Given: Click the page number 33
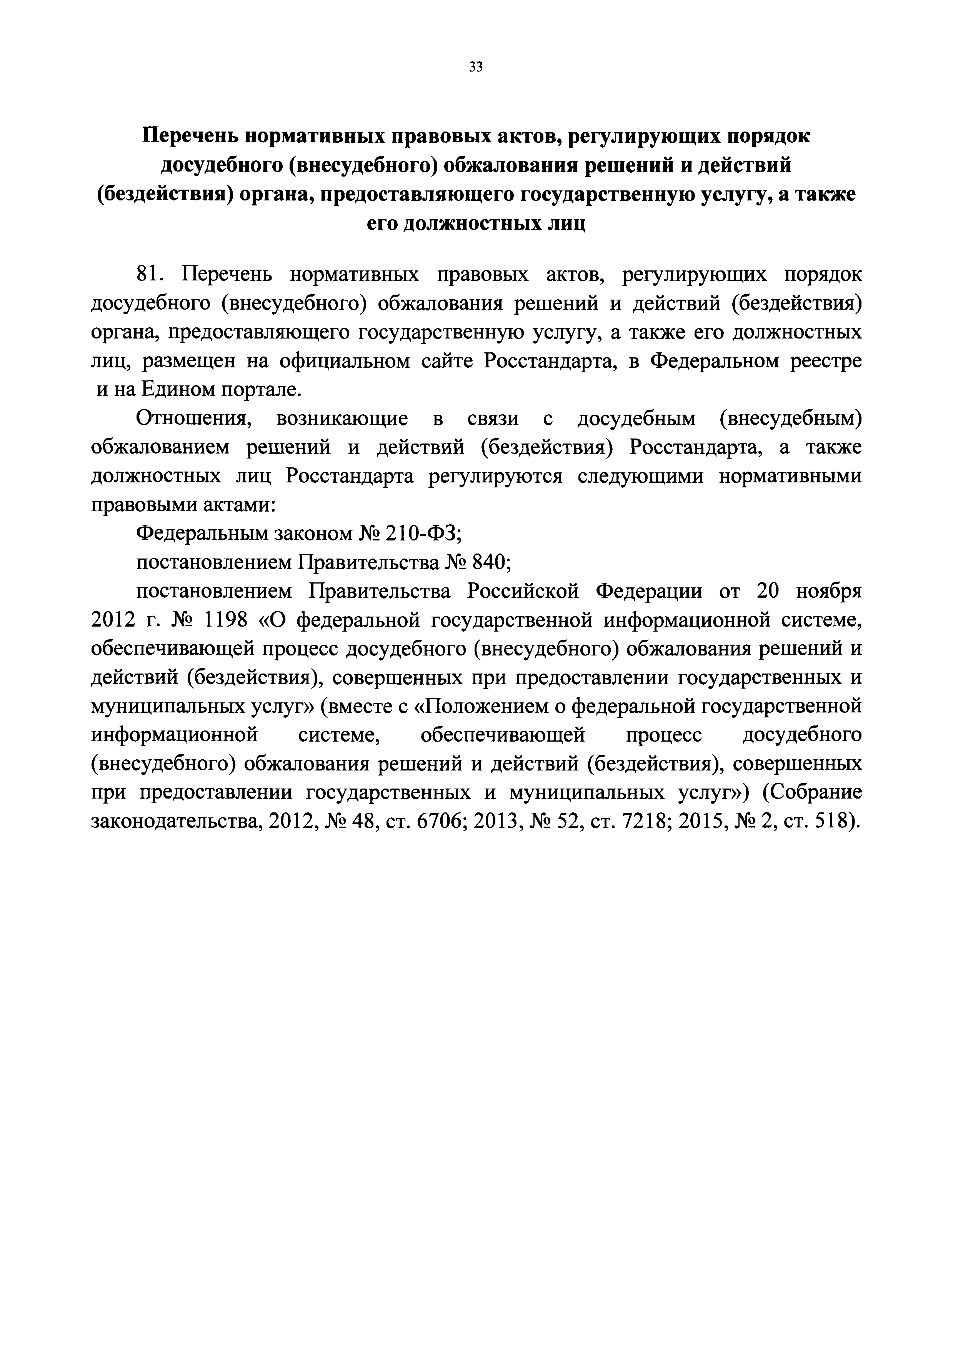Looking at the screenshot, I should (476, 67).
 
